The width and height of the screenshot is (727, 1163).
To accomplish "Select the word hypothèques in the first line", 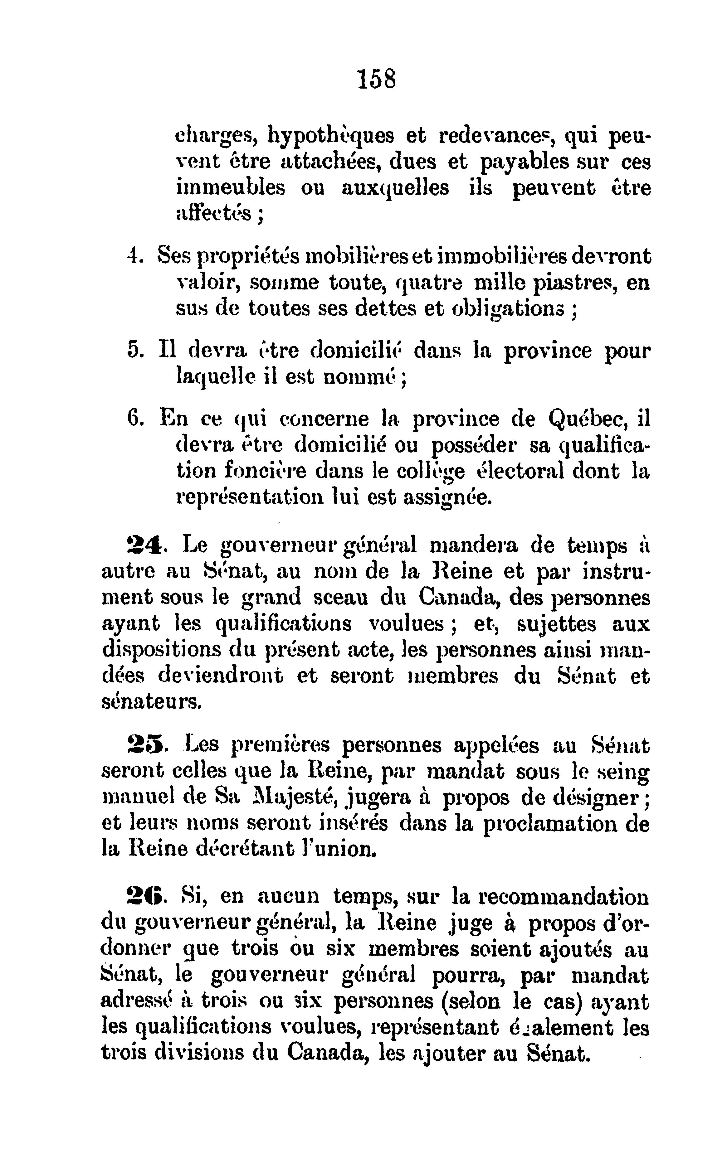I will point(330,138).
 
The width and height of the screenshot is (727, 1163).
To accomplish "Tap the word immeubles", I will point(230,187).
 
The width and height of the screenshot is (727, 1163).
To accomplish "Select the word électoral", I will point(518,471).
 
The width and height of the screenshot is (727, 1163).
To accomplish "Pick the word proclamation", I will point(549,824).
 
